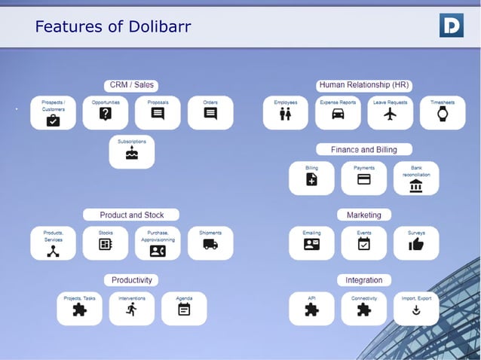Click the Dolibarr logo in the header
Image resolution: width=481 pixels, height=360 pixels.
click(451, 26)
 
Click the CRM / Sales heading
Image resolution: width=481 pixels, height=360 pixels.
click(132, 85)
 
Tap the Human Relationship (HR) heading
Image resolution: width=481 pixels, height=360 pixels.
click(364, 85)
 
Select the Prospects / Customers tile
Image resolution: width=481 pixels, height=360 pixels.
click(53, 112)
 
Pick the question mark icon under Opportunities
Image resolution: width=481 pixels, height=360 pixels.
click(106, 114)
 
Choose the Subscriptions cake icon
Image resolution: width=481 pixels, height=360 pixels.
click(132, 153)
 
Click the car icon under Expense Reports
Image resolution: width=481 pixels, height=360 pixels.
click(338, 114)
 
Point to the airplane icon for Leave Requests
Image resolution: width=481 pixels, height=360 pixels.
click(390, 114)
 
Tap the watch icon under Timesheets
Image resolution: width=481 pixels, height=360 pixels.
click(443, 114)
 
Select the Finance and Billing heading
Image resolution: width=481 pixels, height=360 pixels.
click(364, 149)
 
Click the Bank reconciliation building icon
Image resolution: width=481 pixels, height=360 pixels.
click(416, 185)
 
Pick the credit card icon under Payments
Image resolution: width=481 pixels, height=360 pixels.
click(363, 180)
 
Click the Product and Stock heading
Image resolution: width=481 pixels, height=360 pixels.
click(132, 215)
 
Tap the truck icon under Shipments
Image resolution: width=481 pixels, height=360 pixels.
click(210, 244)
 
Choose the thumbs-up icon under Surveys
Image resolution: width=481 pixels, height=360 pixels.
click(416, 244)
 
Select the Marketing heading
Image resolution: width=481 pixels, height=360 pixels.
click(364, 215)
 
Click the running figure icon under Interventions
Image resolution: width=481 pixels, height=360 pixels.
click(132, 310)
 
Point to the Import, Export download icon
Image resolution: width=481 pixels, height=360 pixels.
click(416, 310)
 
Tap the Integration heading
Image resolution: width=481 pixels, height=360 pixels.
click(364, 280)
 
